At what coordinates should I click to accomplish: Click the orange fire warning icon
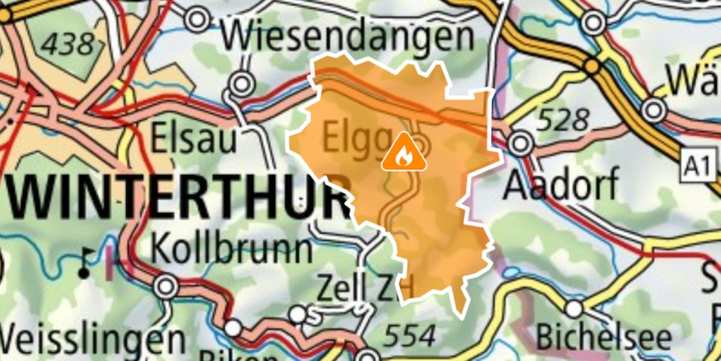[x=400, y=152]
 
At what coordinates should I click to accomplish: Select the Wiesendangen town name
[x=349, y=38]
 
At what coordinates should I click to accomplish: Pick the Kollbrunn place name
[x=232, y=248]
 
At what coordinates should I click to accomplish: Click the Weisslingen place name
[x=92, y=340]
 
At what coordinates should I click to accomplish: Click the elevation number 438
[x=69, y=42]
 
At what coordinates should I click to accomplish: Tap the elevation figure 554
[x=409, y=335]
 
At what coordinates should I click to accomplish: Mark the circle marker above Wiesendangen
[x=198, y=18]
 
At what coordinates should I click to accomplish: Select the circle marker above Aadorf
[x=521, y=144]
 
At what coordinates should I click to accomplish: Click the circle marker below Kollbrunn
[x=165, y=286]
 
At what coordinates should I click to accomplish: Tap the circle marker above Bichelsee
[x=575, y=309]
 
